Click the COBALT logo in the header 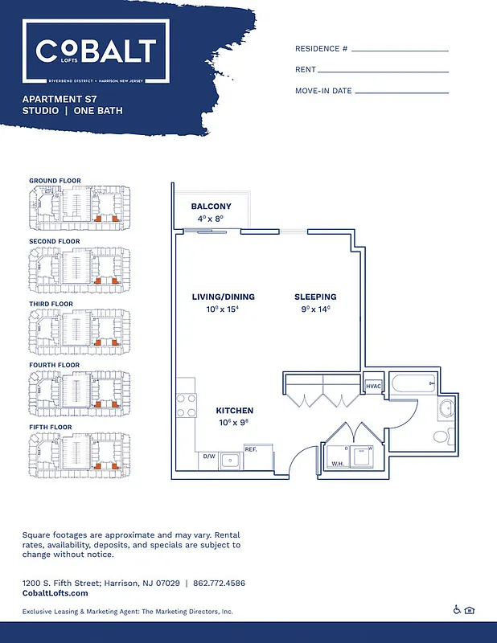95,52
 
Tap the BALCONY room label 211,207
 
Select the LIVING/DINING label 223,297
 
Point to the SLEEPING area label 314,297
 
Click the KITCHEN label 235,411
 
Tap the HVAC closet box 374,387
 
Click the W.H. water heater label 338,464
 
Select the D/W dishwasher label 209,457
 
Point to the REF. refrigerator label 250,449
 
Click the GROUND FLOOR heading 55,181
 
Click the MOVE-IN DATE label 323,91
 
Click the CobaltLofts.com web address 55,593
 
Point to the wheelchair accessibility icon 457,610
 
